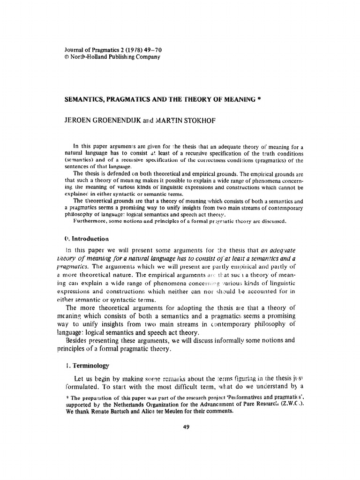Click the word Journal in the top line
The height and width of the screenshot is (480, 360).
[x=74, y=50]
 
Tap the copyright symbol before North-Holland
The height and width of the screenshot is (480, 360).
[x=66, y=57]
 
